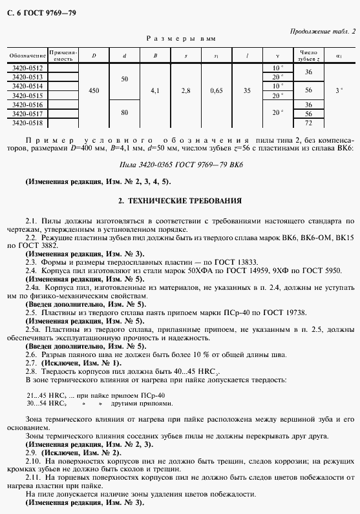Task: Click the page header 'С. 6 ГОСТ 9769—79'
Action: [x=39, y=12]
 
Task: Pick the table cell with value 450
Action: [x=94, y=91]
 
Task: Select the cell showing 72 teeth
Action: [x=308, y=123]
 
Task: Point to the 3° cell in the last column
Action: [x=339, y=91]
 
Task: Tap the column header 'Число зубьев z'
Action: [x=308, y=56]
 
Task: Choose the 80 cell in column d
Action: [x=125, y=113]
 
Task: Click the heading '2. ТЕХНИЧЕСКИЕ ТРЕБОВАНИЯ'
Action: [x=180, y=201]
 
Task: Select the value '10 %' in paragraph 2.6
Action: [x=204, y=355]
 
